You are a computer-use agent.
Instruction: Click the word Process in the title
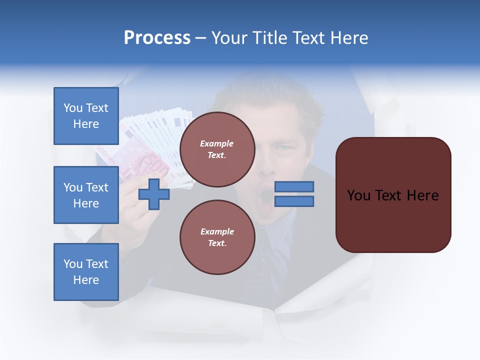click(157, 38)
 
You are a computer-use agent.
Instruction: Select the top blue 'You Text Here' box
click(86, 116)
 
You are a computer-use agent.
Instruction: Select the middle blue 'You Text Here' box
click(86, 195)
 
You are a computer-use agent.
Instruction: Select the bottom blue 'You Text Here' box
click(86, 272)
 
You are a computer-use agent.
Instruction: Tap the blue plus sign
click(154, 194)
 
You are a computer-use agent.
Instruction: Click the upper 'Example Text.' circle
click(217, 149)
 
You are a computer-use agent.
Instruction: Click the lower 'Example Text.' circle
click(217, 237)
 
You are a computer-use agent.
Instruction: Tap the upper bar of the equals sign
click(294, 186)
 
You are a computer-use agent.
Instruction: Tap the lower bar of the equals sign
click(294, 201)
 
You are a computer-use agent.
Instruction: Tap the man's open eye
click(286, 148)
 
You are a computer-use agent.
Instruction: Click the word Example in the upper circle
click(217, 143)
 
